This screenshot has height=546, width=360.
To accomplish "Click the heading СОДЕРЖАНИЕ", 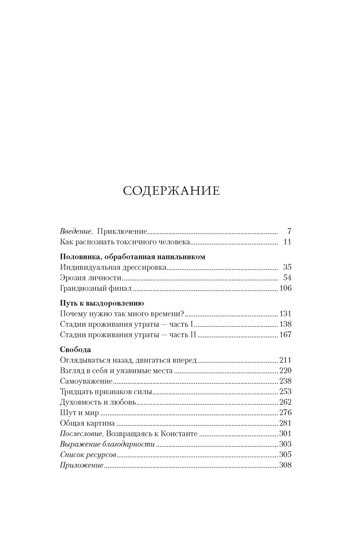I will pyautogui.click(x=171, y=191).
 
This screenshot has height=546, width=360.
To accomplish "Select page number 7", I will pyautogui.click(x=289, y=232).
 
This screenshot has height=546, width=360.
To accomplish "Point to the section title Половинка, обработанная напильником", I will pyautogui.click(x=133, y=256).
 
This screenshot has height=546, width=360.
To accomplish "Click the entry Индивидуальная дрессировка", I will pyautogui.click(x=114, y=267).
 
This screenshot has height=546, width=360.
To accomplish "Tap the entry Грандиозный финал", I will pyautogui.click(x=96, y=288).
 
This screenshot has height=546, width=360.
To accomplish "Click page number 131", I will pyautogui.click(x=285, y=314).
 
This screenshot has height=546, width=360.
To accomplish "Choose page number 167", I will pyautogui.click(x=285, y=335).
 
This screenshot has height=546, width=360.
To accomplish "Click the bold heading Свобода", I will pyautogui.click(x=76, y=349).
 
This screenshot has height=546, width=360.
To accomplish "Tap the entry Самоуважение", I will pyautogui.click(x=86, y=381).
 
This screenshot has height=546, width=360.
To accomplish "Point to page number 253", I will pyautogui.click(x=285, y=392).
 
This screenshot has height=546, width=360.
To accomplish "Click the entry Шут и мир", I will pyautogui.click(x=80, y=413).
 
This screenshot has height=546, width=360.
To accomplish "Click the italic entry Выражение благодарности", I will pyautogui.click(x=107, y=444).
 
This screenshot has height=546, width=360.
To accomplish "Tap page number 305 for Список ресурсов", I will pyautogui.click(x=285, y=455).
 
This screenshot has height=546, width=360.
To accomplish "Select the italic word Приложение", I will pyautogui.click(x=82, y=465).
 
